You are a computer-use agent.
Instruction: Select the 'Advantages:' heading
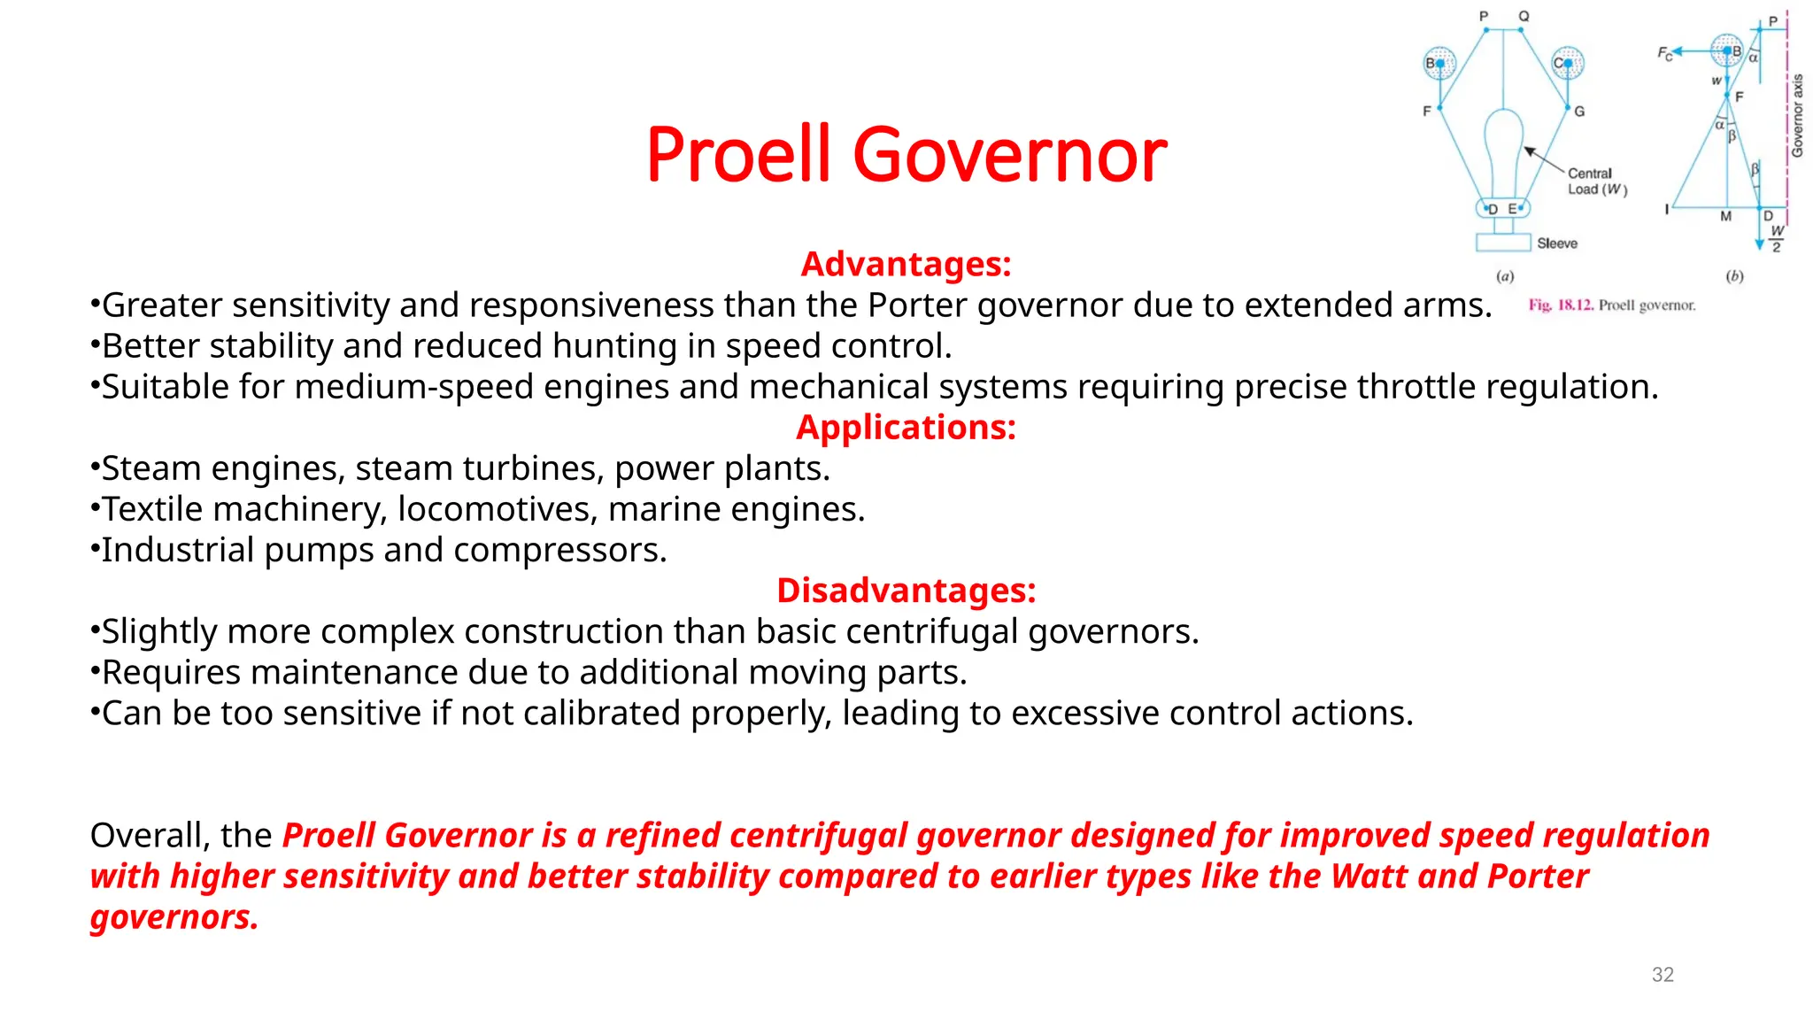906,264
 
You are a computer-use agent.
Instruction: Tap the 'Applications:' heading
906,428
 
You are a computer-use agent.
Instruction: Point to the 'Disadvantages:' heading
906,591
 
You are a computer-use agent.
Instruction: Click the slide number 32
1663,975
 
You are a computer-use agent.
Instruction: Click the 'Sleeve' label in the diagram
1557,243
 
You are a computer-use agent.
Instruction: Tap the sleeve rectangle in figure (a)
1503,243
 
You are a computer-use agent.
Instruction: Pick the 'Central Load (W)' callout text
1596,182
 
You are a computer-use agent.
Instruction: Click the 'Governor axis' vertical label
1797,116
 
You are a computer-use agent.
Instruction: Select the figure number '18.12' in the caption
1575,305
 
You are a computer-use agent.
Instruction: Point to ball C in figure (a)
1567,63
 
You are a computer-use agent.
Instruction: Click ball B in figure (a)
1439,63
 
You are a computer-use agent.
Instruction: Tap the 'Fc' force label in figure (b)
1665,54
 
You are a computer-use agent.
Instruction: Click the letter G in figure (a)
1579,112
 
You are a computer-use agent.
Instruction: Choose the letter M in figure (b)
1725,216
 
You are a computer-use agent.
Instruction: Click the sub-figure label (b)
1734,276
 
